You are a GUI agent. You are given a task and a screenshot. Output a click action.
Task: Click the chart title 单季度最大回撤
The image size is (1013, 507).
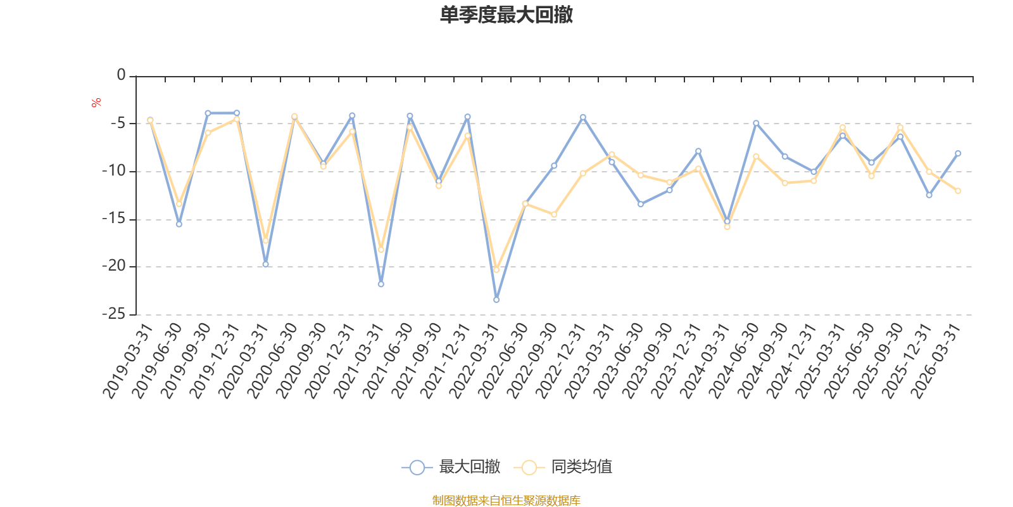tap(506, 15)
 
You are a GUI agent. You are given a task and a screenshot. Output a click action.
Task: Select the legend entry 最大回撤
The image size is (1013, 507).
tap(451, 468)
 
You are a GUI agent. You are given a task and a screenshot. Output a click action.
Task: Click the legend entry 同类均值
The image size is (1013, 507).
tap(563, 468)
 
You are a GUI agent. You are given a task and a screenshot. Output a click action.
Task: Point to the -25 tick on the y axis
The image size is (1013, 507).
tap(114, 314)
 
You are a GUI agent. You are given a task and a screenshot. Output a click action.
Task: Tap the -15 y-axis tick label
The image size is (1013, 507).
tap(114, 219)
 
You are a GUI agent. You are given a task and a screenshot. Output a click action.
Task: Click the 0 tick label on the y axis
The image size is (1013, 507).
tap(121, 75)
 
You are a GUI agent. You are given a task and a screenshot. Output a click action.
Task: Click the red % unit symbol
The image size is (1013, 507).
tap(96, 103)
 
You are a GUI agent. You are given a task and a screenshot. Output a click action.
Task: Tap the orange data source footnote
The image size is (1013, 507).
tap(506, 501)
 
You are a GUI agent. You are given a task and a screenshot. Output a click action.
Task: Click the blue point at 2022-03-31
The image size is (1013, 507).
tap(496, 300)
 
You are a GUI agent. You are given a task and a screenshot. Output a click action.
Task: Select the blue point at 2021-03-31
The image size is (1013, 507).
tap(381, 284)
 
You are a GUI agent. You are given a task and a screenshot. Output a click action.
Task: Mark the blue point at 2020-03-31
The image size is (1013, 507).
tap(265, 264)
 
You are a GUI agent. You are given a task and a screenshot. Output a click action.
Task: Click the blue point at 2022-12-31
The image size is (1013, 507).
tap(582, 117)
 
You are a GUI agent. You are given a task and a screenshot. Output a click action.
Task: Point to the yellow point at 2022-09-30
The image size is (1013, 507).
tap(554, 215)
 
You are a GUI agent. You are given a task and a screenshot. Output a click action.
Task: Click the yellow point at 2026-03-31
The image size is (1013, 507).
tap(958, 191)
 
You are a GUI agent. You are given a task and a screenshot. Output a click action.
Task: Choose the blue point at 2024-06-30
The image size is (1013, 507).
tap(756, 123)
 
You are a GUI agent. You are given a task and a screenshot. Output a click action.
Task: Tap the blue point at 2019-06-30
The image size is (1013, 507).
tap(179, 224)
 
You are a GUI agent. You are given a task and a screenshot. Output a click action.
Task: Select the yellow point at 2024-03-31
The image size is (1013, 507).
tap(727, 226)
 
